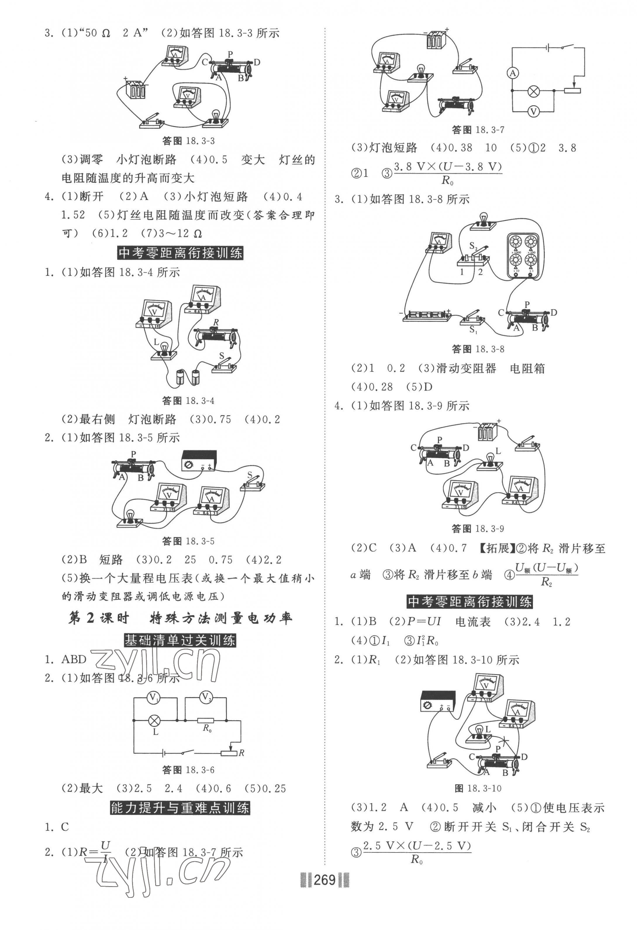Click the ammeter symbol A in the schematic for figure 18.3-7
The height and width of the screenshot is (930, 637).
[x=513, y=73]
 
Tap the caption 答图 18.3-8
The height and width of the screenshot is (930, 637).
[x=478, y=349]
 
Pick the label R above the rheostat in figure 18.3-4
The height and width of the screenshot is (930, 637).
[x=216, y=322]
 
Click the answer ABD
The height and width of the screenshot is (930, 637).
[x=74, y=659]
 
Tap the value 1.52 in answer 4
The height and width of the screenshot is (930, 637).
[x=73, y=215]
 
